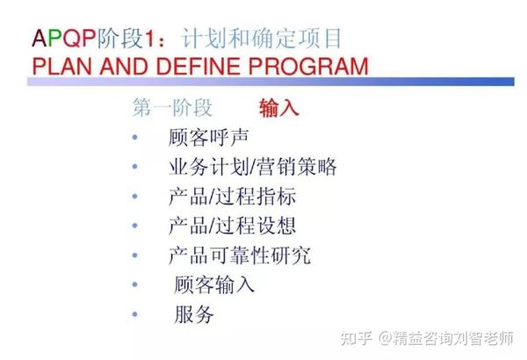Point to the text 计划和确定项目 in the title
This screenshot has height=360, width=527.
tap(263, 39)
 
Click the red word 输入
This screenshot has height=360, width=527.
tap(279, 108)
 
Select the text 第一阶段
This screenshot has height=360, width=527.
tap(172, 108)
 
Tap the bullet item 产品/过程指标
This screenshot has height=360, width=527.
tap(232, 197)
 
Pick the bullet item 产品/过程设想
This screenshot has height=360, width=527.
tap(232, 226)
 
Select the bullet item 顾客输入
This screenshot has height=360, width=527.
tap(214, 284)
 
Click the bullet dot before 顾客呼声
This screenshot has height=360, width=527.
tap(134, 139)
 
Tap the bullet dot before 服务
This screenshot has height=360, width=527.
tap(134, 314)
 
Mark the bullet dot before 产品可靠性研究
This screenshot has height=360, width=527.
tap(134, 256)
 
